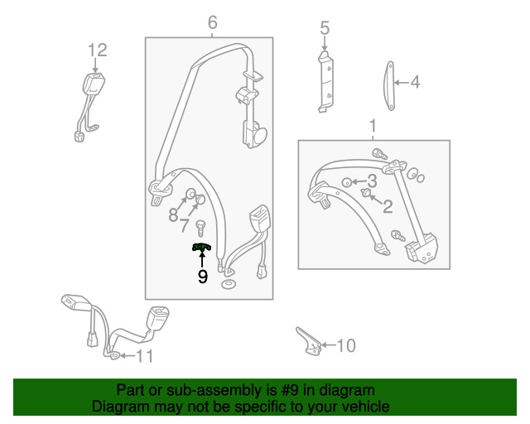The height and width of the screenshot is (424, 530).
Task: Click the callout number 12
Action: pyautogui.click(x=98, y=51)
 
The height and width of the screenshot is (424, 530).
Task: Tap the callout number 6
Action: pyautogui.click(x=212, y=22)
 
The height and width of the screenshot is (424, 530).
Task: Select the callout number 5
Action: pyautogui.click(x=325, y=29)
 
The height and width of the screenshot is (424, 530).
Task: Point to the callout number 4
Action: pyautogui.click(x=414, y=82)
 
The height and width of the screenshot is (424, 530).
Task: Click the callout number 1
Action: pyautogui.click(x=373, y=127)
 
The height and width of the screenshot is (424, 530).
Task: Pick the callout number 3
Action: pyautogui.click(x=373, y=181)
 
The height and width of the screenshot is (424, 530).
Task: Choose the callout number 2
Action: pyautogui.click(x=387, y=206)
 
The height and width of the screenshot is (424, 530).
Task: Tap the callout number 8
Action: pyautogui.click(x=173, y=214)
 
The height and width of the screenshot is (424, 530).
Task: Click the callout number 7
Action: pyautogui.click(x=185, y=226)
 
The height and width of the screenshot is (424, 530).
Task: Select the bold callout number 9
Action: pyautogui.click(x=202, y=277)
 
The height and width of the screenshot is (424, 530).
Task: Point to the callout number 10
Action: pyautogui.click(x=346, y=345)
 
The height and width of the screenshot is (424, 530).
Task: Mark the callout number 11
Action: pyautogui.click(x=144, y=357)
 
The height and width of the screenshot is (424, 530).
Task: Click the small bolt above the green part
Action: pyautogui.click(x=200, y=225)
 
